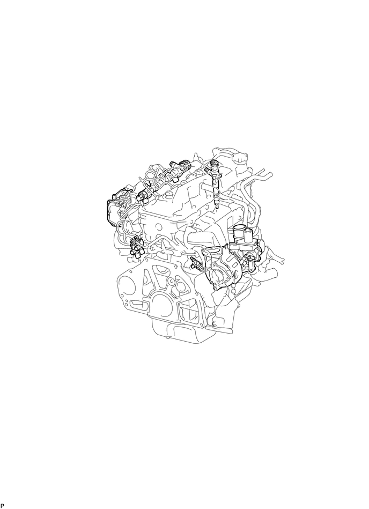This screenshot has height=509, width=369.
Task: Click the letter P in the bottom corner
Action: [x=2, y=506]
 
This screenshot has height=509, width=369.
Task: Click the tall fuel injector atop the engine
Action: [x=216, y=183]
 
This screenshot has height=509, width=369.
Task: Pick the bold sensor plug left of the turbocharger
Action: [x=194, y=262]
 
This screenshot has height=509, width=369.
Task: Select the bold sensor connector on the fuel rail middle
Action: [x=142, y=196]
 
